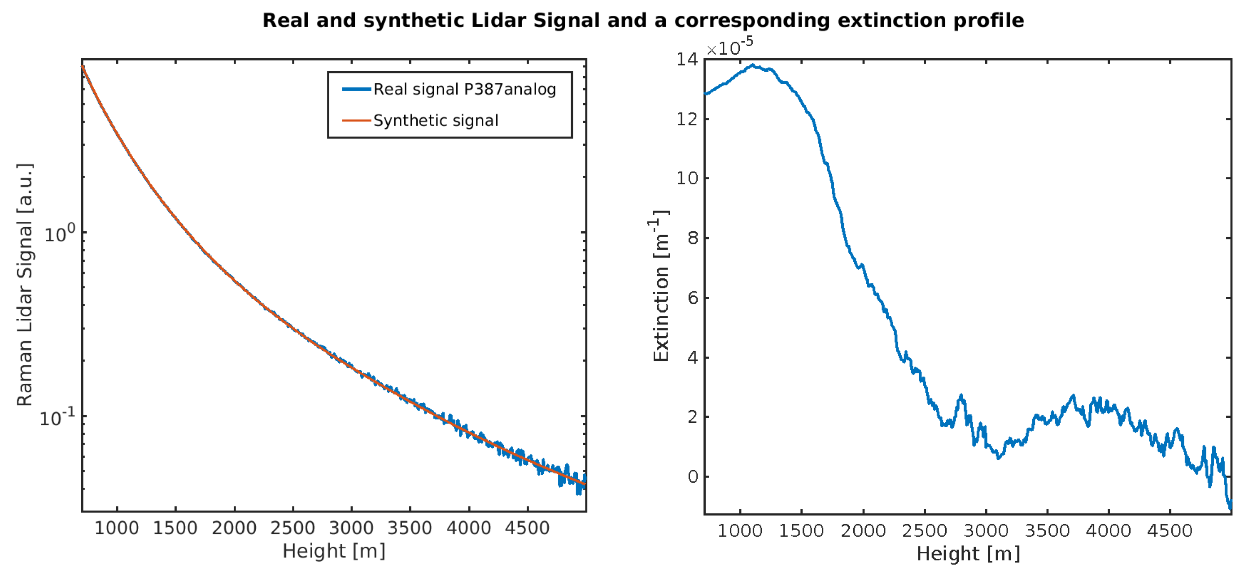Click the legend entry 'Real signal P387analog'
coord(464,90)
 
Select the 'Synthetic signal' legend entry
coord(435,121)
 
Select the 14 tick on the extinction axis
coord(686,60)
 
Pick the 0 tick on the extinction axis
coord(692,477)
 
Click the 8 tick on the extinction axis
coord(692,238)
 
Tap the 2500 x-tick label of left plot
coord(292,528)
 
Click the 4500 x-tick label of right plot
coord(1169,531)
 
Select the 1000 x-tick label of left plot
coord(117,528)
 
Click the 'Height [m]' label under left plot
coord(334,551)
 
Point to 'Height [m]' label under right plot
coord(968,554)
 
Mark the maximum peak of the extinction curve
coord(752,65)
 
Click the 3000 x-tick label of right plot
coord(985,531)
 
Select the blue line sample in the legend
coord(356,90)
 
